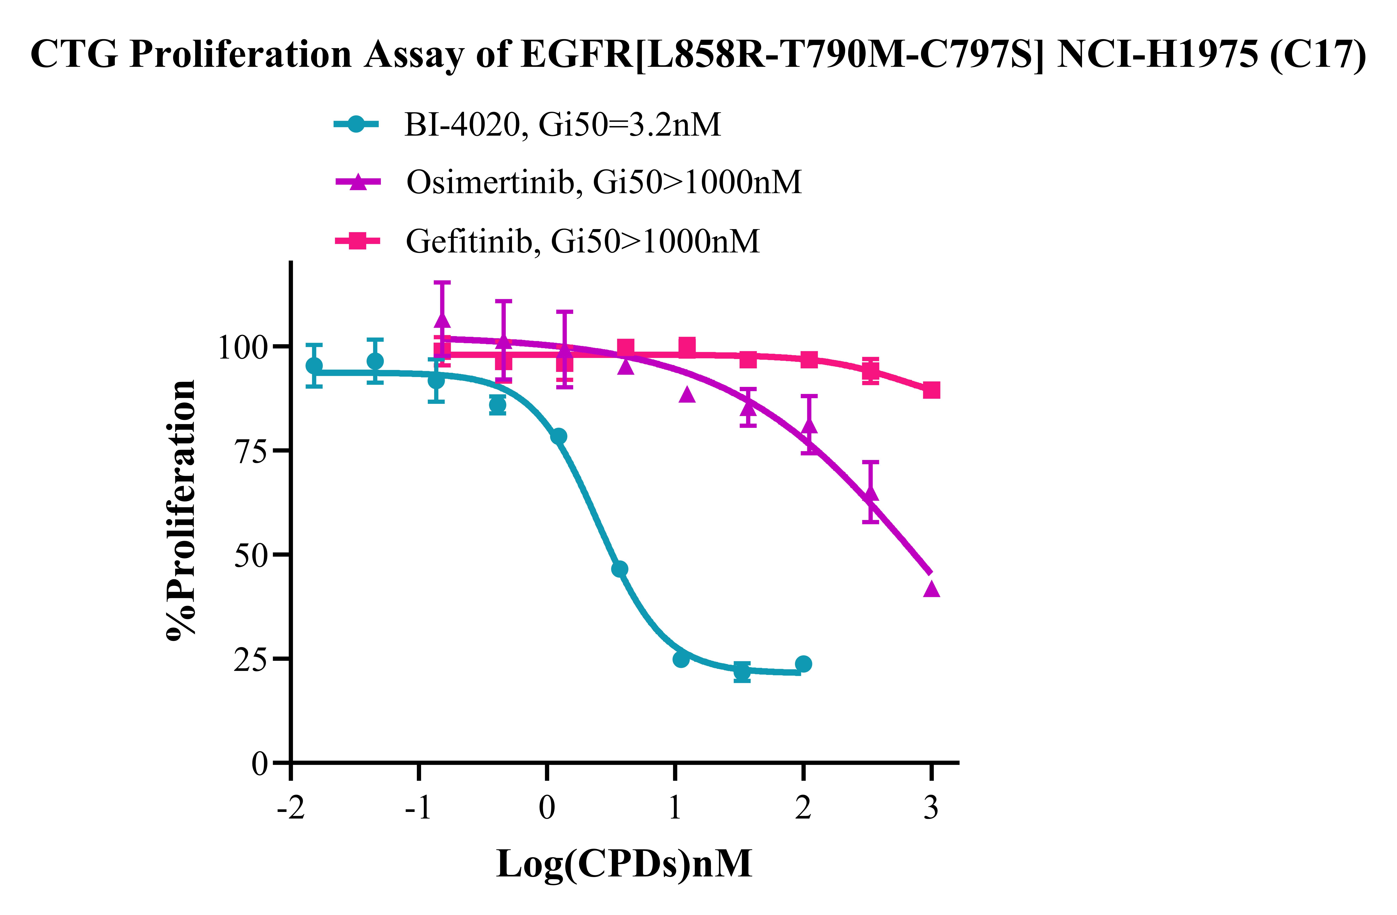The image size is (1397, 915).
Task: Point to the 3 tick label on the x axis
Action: [931, 809]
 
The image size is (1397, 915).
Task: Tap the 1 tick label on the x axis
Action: [675, 809]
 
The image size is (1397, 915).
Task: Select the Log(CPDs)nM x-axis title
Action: [624, 864]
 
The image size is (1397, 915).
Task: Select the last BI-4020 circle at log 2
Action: [804, 664]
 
